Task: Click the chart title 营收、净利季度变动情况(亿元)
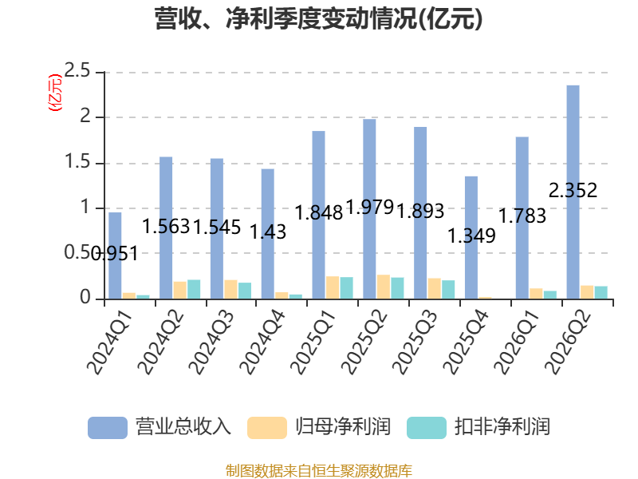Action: click(x=318, y=18)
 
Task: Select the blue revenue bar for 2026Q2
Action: click(x=573, y=192)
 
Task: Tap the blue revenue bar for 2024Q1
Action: click(x=115, y=255)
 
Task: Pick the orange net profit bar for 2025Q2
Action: click(x=384, y=287)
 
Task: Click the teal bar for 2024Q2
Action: click(x=194, y=290)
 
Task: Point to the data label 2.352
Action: click(x=573, y=190)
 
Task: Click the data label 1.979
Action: click(x=370, y=207)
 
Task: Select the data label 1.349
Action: click(x=471, y=236)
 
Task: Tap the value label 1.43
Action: click(x=268, y=232)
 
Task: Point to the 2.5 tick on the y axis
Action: click(x=77, y=71)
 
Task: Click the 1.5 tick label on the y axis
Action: click(x=77, y=162)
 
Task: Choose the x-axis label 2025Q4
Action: click(x=465, y=342)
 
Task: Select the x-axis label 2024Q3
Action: click(x=211, y=342)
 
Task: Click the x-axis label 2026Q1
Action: click(x=516, y=342)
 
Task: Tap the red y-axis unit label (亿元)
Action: click(x=55, y=93)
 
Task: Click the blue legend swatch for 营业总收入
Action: click(x=108, y=428)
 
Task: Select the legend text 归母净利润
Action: click(x=343, y=427)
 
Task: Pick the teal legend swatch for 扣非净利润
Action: click(x=427, y=428)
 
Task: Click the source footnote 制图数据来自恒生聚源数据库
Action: click(x=318, y=471)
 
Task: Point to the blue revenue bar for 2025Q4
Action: click(x=471, y=238)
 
